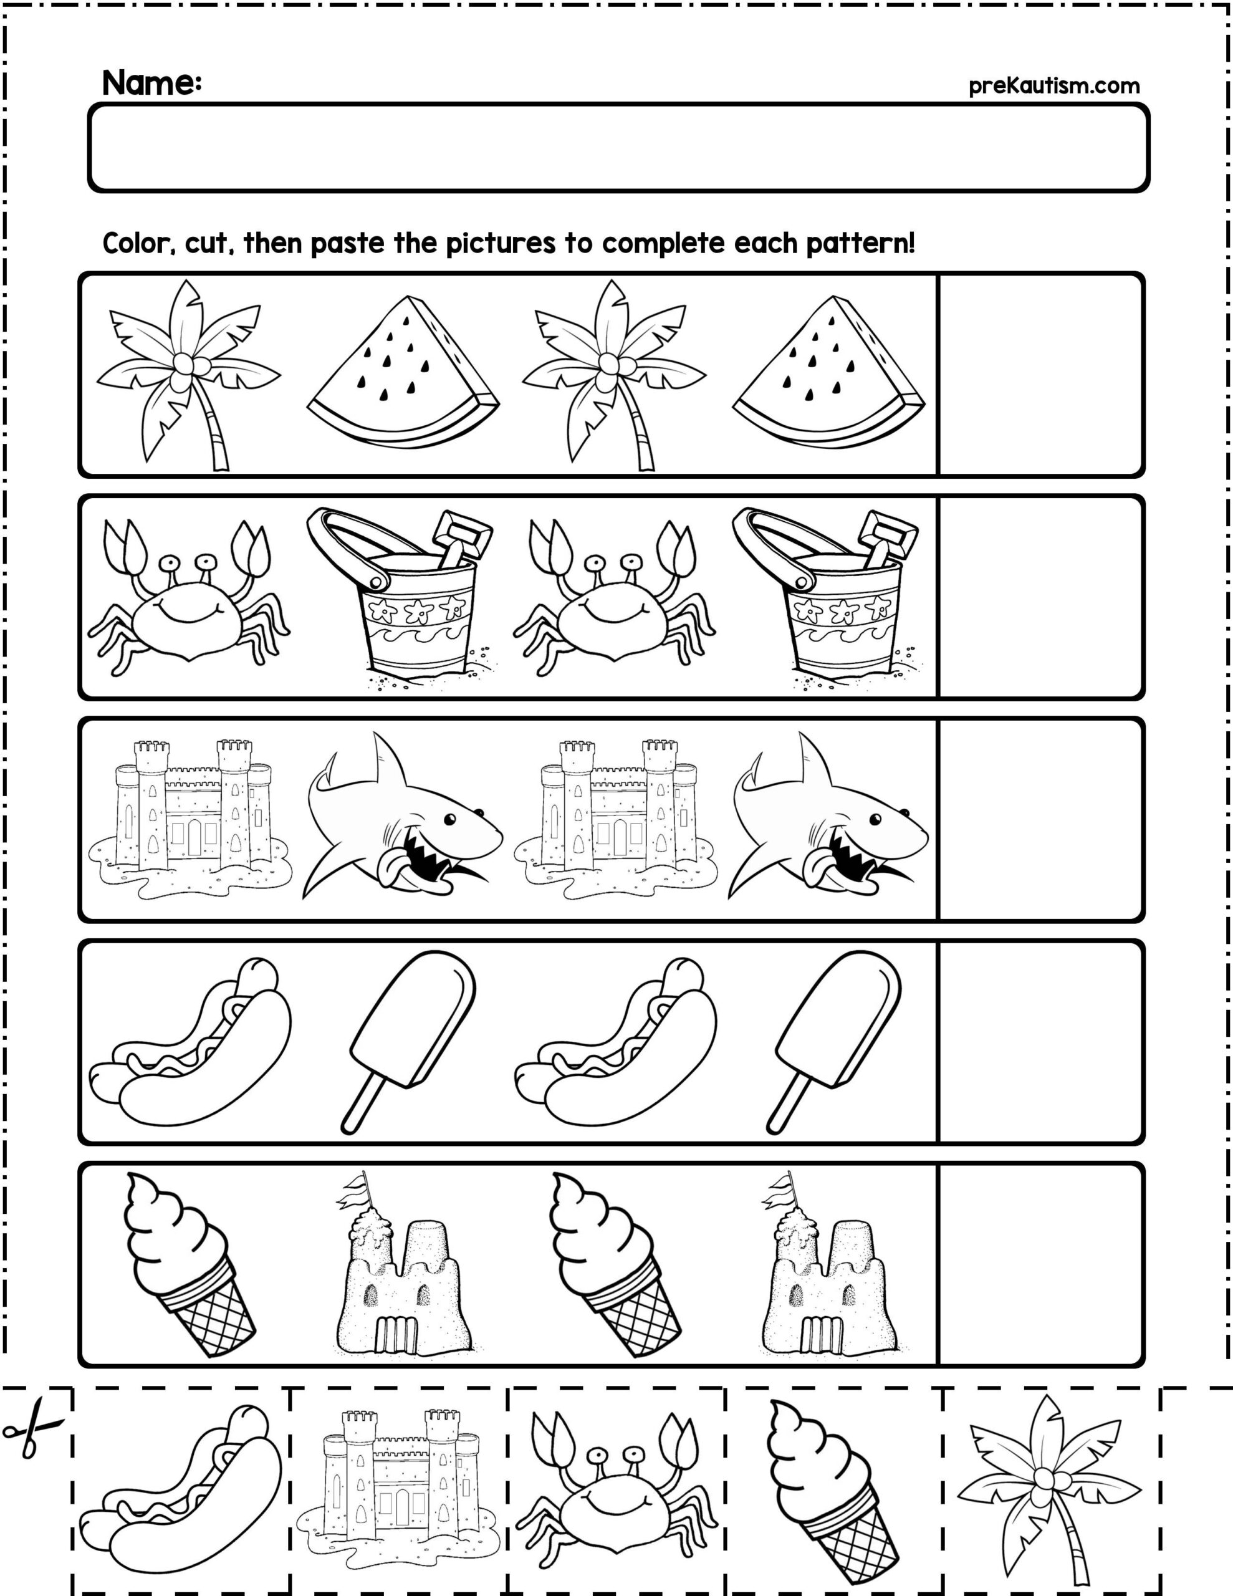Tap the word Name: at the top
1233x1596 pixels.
tap(152, 84)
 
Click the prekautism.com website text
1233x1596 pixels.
tap(1054, 86)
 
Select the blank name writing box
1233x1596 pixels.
tap(618, 148)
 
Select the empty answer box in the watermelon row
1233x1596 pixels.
tap(1040, 375)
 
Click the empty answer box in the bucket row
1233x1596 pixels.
tap(1040, 597)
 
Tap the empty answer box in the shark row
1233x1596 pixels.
tap(1040, 819)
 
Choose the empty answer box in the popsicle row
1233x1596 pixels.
tap(1040, 1041)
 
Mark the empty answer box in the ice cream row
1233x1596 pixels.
tap(1040, 1264)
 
